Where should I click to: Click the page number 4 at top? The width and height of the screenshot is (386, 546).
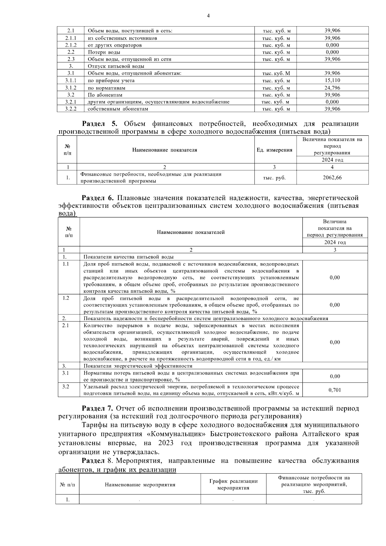point(208,15)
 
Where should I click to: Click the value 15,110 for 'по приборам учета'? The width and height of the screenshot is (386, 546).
point(332,80)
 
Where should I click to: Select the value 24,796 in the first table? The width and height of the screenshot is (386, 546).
point(332,88)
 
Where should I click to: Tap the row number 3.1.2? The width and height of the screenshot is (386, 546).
point(70,88)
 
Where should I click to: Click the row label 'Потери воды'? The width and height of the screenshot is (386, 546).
point(104,52)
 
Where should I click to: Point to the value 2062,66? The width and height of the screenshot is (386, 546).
point(332,178)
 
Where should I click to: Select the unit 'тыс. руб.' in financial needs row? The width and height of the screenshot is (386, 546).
point(274,178)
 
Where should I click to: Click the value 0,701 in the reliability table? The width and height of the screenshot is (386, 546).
point(335,390)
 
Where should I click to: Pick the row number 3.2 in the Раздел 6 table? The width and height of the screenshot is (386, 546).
point(66,387)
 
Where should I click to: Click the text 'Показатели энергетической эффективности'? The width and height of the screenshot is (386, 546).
point(138,366)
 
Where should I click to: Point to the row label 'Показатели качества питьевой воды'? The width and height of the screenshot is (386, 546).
point(128,257)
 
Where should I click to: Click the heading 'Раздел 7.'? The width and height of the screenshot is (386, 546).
point(97,409)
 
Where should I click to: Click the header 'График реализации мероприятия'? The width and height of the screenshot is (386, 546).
point(233,485)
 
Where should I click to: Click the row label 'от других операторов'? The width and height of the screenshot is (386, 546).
point(115,45)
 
